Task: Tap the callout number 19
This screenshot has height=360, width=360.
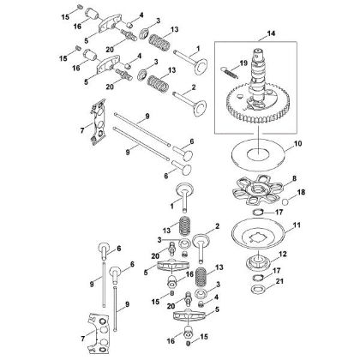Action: (x=244, y=63)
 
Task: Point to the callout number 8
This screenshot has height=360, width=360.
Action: (x=297, y=181)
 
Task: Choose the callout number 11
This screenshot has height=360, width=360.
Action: (x=299, y=228)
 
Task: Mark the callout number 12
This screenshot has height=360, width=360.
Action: (x=295, y=254)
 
